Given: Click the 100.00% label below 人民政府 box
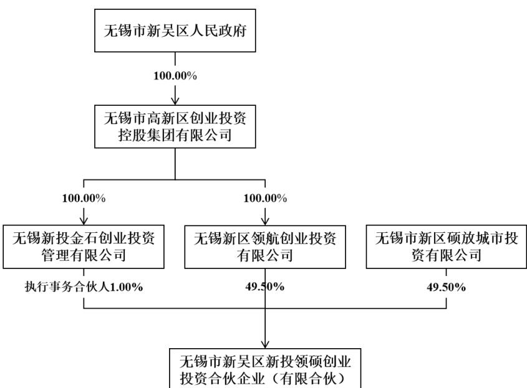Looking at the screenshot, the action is pyautogui.click(x=175, y=76).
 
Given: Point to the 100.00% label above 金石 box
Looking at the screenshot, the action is pyautogui.click(x=84, y=199).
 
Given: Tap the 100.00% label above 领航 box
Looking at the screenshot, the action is pyautogui.click(x=265, y=199).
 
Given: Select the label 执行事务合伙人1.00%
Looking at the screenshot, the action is pyautogui.click(x=84, y=287).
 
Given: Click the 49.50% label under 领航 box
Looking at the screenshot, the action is pyautogui.click(x=265, y=286).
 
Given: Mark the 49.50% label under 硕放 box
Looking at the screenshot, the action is pyautogui.click(x=447, y=287).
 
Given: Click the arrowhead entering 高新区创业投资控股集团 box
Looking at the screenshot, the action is pyautogui.click(x=175, y=101).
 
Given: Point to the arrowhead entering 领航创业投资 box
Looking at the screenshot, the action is pyautogui.click(x=265, y=221).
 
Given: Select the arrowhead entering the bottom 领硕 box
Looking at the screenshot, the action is pyautogui.click(x=265, y=344).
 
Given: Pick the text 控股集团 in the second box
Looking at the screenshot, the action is pyautogui.click(x=147, y=135).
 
